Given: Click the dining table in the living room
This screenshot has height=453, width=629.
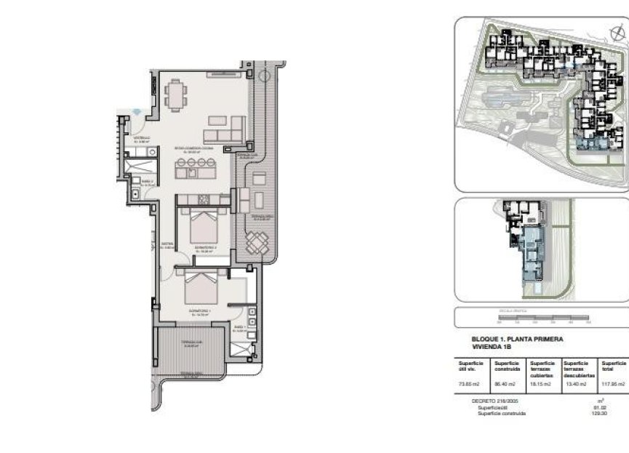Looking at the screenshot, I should (175, 95).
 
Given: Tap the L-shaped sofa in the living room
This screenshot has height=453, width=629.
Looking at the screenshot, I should (225, 132).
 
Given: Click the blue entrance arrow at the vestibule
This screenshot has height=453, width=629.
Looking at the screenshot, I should (138, 111).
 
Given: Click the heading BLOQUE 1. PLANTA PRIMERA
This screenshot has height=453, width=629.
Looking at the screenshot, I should (517, 339).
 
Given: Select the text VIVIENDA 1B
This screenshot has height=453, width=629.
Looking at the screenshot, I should (492, 347).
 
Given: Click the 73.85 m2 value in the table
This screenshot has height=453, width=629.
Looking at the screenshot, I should (467, 384).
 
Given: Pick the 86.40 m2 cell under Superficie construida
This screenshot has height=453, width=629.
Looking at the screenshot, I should (505, 384).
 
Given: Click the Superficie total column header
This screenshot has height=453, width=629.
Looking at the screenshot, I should (613, 366).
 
